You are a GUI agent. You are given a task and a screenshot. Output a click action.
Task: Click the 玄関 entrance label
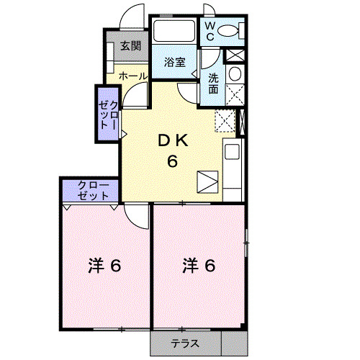(130, 48)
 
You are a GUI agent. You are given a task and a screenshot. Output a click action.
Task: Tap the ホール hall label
(133, 76)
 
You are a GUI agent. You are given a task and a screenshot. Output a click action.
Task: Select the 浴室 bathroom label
(175, 62)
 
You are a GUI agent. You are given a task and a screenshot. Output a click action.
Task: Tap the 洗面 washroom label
(214, 84)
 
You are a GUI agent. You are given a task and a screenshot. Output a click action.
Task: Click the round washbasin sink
(234, 75)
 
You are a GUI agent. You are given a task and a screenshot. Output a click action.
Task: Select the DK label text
(173, 142)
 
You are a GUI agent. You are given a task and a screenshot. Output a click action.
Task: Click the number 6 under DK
(173, 161)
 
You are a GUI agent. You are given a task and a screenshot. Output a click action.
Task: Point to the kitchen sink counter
(233, 171)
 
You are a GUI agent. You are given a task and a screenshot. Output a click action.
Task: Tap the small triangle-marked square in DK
(207, 181)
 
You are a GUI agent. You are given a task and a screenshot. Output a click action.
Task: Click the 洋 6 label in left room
(104, 266)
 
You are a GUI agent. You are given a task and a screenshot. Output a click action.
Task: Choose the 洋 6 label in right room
(199, 266)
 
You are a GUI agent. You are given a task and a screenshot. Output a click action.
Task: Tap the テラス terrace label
(185, 343)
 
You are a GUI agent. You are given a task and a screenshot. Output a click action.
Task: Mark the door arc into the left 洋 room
(135, 215)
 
